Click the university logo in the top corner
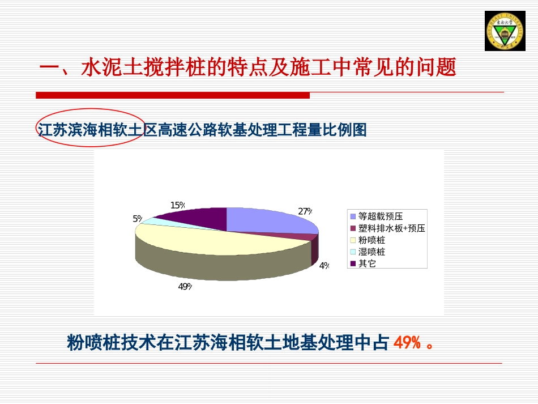point(505,31)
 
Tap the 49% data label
point(185,287)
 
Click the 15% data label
point(178,205)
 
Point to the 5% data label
point(138,219)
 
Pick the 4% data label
point(324,265)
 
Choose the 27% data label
point(305,211)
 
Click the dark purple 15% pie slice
point(195,216)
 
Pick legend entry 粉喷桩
point(372,240)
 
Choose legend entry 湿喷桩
point(372,252)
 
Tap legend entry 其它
point(367,263)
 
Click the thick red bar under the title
point(173,95)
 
